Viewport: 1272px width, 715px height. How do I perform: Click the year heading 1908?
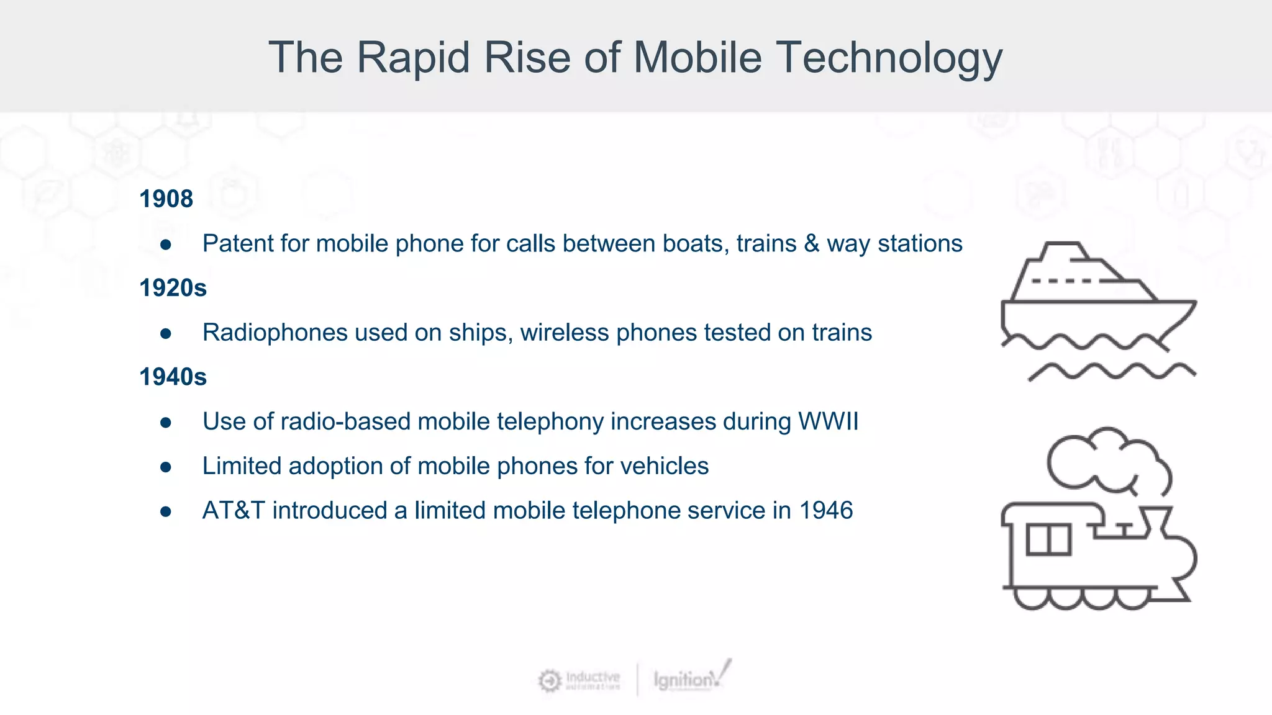click(x=166, y=199)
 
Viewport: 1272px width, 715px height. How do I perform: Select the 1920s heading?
click(x=173, y=288)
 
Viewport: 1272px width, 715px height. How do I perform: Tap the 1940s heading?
click(x=173, y=377)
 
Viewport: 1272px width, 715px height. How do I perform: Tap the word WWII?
click(x=828, y=422)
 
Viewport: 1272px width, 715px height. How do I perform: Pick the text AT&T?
click(x=234, y=511)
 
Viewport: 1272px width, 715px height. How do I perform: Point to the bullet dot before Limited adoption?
click(x=165, y=467)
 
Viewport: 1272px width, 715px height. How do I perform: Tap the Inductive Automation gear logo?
click(x=549, y=681)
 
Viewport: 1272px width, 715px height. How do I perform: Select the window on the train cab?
click(x=1048, y=539)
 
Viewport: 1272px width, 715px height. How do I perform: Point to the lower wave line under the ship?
click(x=1112, y=371)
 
